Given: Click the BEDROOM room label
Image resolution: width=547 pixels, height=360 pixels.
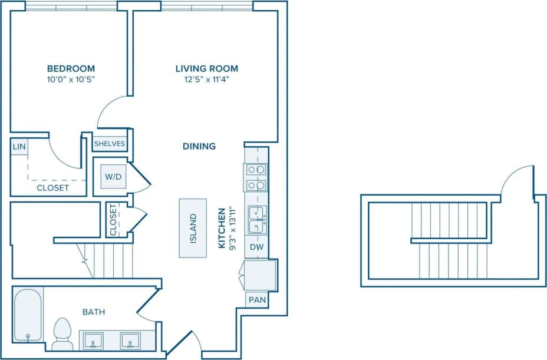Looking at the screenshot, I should point(70,68).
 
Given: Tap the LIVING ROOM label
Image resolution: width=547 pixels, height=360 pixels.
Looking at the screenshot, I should point(206,68).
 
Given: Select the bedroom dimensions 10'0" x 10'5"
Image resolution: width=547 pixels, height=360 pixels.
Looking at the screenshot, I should point(70,80).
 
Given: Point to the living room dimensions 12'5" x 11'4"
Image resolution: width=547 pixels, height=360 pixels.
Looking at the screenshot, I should point(206,80).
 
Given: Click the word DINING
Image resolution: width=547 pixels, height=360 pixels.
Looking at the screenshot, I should point(199,146).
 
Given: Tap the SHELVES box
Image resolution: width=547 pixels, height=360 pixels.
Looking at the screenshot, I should point(110,143).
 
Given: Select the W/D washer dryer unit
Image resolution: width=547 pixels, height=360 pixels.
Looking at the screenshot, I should point(113,176).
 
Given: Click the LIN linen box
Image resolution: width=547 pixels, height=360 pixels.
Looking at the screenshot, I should point(19,147).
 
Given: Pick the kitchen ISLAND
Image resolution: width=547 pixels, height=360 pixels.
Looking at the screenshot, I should point(193,227).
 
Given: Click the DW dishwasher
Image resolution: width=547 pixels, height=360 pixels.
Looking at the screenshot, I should point(256,247).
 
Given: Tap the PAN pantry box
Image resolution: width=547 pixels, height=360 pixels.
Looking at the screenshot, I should point(257,300).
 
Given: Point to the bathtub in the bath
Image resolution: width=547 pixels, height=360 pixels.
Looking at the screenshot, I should point(28,315).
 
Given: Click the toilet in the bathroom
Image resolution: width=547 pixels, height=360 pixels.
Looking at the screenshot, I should point(62,333).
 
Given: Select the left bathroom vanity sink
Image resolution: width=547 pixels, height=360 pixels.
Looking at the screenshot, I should point(93,341).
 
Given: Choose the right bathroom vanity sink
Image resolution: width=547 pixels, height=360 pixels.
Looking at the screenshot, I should point(130,341).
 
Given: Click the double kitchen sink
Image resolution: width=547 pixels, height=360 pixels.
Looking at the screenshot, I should point(257,219).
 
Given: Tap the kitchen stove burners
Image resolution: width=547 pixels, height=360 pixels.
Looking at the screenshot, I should point(256,177).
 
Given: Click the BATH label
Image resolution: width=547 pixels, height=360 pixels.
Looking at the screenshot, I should point(94,312).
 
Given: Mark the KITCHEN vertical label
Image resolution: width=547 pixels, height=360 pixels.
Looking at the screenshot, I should point(223,227).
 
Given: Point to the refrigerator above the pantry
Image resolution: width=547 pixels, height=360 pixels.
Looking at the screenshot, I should point(261,275).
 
